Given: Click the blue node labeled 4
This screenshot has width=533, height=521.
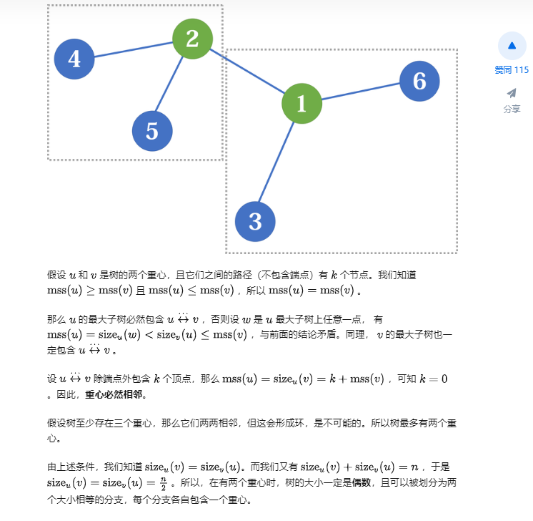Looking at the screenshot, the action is click(x=74, y=58).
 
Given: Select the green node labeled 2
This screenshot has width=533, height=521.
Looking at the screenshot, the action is click(x=192, y=38).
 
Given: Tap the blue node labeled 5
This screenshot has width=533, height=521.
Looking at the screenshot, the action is click(x=152, y=131).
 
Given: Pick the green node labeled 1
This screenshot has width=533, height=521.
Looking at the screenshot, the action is click(x=301, y=103).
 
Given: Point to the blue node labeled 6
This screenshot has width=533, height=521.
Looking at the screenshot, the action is click(x=419, y=81).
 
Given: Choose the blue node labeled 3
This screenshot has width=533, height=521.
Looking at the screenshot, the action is click(x=255, y=221).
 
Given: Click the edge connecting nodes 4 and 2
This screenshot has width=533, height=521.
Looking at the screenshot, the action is click(x=133, y=49).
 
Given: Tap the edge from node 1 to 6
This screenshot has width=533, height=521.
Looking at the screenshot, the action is click(x=360, y=92).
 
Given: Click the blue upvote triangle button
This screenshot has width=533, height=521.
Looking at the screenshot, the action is click(x=512, y=46).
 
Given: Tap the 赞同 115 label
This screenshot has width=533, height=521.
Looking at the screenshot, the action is click(x=512, y=70).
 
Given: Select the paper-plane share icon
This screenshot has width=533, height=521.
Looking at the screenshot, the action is click(x=512, y=93).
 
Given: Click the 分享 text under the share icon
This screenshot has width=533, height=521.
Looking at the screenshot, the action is click(x=512, y=109).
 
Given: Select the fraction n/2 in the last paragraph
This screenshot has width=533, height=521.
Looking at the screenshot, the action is click(x=163, y=483).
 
